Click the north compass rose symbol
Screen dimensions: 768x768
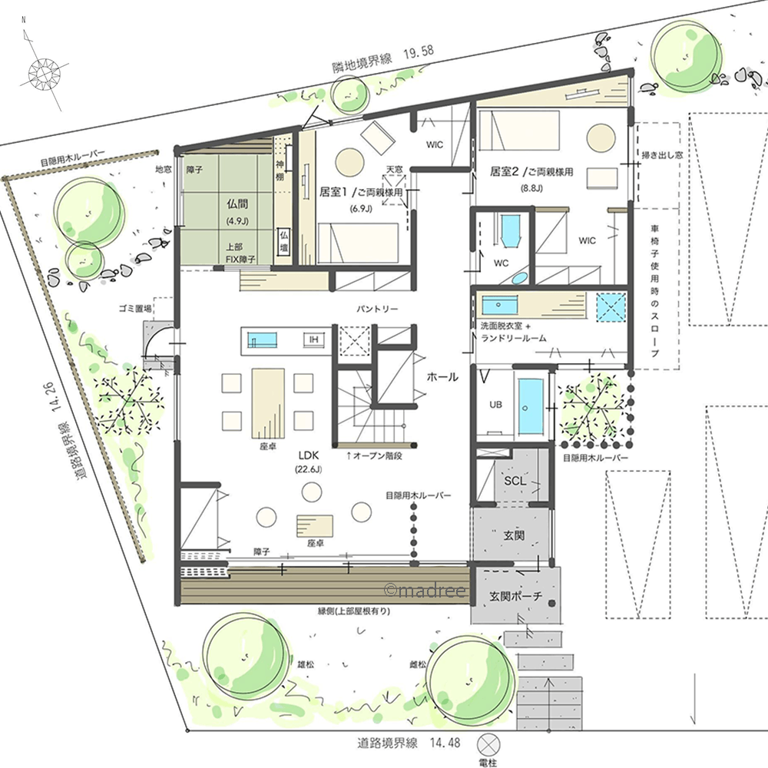click(44, 74)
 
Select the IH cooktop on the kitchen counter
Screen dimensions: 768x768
click(313, 339)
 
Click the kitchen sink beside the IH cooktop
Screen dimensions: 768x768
click(262, 339)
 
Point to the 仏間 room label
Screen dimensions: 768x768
click(237, 204)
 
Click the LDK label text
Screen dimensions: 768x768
click(309, 455)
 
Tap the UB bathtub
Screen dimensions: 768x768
click(531, 406)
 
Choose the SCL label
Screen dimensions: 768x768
click(515, 481)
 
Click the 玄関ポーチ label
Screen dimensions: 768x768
click(516, 596)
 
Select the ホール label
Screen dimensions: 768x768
click(442, 376)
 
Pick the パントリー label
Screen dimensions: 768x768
click(377, 309)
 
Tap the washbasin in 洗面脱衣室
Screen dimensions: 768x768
click(500, 305)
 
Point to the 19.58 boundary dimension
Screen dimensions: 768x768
click(419, 52)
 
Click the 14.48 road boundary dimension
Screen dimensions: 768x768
click(445, 743)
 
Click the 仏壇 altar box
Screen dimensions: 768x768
click(284, 241)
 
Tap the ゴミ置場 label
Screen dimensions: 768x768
click(134, 309)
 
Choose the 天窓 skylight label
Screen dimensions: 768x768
click(395, 170)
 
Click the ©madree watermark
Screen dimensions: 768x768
click(425, 590)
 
